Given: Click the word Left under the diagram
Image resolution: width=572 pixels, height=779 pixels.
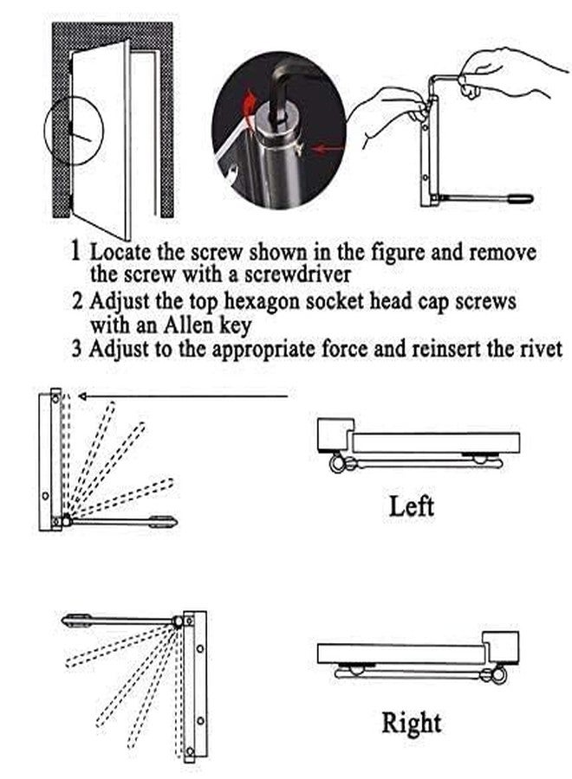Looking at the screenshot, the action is click(411, 506).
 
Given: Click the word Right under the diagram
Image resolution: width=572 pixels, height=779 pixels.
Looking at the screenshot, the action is click(412, 724).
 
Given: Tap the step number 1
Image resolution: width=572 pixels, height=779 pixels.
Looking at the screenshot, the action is click(75, 250).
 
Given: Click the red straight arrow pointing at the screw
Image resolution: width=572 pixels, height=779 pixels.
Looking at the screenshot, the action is click(328, 148).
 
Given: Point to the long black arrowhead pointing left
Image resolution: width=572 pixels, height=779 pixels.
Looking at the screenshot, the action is click(83, 396).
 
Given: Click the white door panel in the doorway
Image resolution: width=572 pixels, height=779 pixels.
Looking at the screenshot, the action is click(101, 139).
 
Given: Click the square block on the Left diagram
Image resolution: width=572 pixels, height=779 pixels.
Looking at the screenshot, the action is click(334, 434).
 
